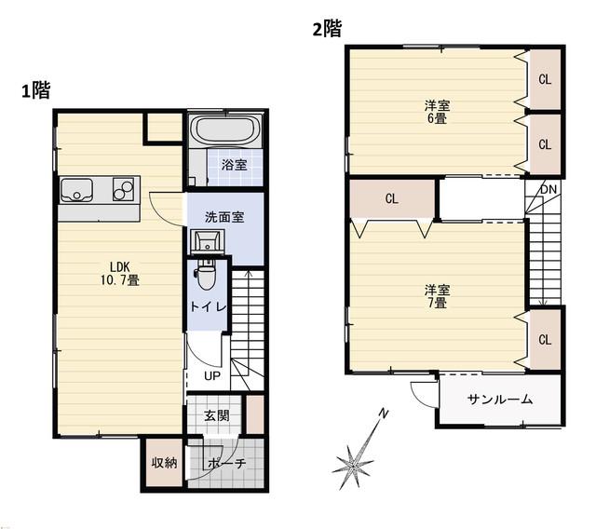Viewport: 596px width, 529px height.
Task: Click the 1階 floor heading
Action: click(x=35, y=90)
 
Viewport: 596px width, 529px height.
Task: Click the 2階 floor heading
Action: click(x=327, y=29)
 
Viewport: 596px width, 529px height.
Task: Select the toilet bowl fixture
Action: click(x=206, y=275)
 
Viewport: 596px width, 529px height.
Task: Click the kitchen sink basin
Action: click(x=76, y=190)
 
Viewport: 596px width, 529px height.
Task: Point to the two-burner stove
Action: click(x=123, y=189)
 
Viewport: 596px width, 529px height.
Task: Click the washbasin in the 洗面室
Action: click(x=208, y=241)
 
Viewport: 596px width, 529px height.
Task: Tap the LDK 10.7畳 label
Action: click(x=120, y=274)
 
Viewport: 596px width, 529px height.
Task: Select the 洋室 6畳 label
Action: click(x=437, y=112)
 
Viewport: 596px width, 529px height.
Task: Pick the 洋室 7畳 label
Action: click(x=437, y=297)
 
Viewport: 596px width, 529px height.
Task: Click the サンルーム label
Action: click(x=500, y=400)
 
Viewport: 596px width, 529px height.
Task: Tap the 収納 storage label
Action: click(x=164, y=463)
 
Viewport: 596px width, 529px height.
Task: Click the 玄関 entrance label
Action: click(x=217, y=415)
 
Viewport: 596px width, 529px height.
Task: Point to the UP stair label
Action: click(x=212, y=376)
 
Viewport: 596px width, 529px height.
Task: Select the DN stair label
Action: click(x=549, y=189)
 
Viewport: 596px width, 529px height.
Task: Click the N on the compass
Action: click(x=385, y=414)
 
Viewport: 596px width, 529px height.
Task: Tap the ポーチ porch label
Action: click(x=227, y=463)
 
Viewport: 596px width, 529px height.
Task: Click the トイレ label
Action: click(x=208, y=306)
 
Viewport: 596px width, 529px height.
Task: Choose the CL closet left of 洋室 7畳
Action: click(x=391, y=198)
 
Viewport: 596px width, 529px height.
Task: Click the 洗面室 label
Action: click(x=224, y=217)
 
